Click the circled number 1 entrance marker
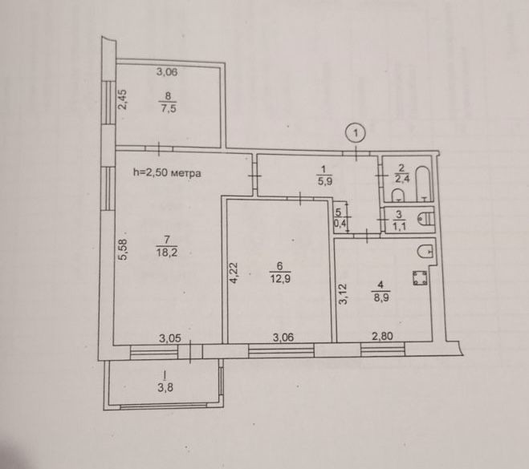356,133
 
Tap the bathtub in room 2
423,184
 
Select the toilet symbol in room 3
426,220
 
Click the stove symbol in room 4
420,278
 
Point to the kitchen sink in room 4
425,251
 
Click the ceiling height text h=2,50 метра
167,173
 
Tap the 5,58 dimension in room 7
122,249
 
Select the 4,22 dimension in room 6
234,273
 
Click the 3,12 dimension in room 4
343,294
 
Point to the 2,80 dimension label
382,336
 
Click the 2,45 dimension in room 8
122,99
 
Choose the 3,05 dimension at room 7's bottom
170,338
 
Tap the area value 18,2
167,252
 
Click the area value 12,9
280,279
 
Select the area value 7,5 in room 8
169,108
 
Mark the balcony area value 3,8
165,387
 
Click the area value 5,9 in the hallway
324,181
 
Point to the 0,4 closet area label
339,222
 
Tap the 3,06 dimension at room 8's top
167,72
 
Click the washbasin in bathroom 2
398,195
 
